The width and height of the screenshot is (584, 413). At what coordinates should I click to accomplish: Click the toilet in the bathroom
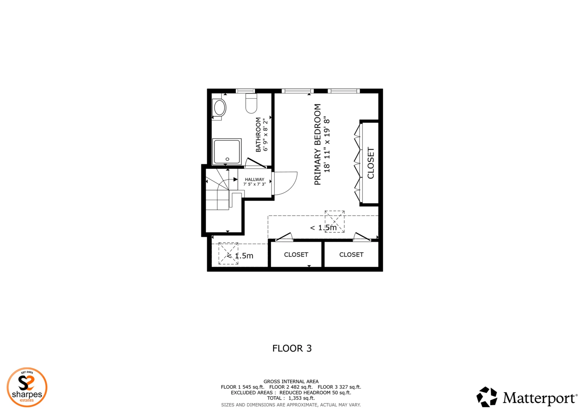pos(251,103)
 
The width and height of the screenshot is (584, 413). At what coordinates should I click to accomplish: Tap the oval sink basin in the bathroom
pos(220,108)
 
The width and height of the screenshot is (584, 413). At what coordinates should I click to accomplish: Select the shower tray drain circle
pos(227,159)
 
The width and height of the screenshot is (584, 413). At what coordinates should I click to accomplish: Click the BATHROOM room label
pos(258,135)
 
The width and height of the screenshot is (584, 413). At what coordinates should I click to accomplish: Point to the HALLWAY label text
pos(255,179)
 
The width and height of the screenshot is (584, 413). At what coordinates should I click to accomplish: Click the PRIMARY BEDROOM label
pos(318,144)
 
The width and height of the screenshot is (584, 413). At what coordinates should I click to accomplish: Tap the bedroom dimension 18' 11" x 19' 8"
pos(327,144)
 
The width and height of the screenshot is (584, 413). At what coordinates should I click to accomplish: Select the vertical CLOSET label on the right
pos(371,163)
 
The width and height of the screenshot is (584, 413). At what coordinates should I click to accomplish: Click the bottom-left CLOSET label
pos(296,255)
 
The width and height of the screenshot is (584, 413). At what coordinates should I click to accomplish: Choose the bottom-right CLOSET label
pos(351,255)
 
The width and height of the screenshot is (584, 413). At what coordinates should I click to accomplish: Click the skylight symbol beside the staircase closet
pos(228,253)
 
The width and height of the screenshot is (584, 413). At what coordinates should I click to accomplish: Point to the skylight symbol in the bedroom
pos(335,221)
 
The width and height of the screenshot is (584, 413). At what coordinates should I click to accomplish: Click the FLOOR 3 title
pos(292,348)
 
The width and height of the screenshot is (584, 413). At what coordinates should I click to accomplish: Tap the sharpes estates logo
pos(27,387)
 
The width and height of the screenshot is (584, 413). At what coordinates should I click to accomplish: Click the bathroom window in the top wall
pos(245,91)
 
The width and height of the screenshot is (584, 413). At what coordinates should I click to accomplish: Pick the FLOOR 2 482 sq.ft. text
pos(291,387)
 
